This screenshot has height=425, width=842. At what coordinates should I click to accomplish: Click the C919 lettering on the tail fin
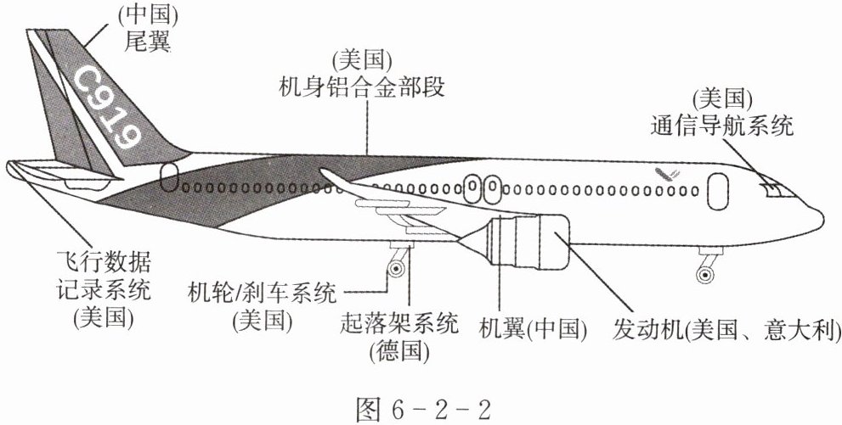(x=107, y=107)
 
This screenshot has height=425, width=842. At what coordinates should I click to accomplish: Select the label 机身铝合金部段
(x=361, y=87)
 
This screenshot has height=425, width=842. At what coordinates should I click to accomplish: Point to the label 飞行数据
(x=104, y=263)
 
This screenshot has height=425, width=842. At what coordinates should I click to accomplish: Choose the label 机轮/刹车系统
(x=262, y=294)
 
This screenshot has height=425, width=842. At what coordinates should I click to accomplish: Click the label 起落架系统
(x=399, y=324)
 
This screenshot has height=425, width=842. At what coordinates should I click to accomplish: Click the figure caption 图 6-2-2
(x=424, y=410)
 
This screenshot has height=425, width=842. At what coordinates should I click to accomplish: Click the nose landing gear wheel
(x=705, y=274)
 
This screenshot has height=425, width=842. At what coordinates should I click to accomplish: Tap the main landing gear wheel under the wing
(x=396, y=267)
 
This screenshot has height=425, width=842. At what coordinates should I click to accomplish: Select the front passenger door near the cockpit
(x=719, y=192)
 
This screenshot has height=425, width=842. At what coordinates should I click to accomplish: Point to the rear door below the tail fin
(x=168, y=177)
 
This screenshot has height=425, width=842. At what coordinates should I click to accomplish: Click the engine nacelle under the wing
(x=526, y=241)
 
